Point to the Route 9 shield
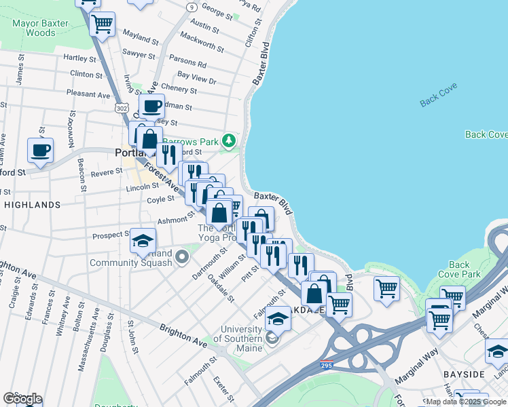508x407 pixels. [192, 7]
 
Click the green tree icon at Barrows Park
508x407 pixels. [229, 141]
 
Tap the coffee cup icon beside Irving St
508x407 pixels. [151, 106]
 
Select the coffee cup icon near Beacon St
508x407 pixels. [40, 150]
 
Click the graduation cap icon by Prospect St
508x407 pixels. [143, 241]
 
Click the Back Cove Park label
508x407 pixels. [459, 270]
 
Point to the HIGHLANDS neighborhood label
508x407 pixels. [32, 204]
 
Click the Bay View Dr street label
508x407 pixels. [196, 78]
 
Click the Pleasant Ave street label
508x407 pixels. [88, 94]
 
